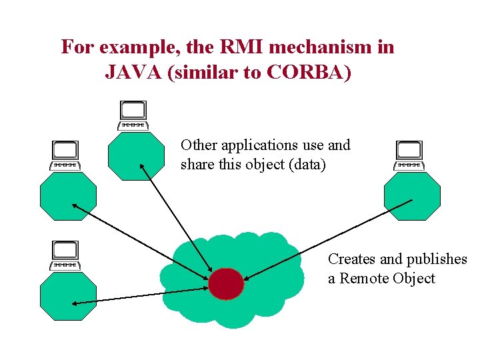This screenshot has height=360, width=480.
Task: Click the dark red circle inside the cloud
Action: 226,284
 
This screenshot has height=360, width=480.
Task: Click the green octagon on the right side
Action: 412,197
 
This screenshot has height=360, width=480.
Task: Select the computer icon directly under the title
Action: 133,115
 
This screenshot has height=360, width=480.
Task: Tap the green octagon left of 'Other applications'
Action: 136,156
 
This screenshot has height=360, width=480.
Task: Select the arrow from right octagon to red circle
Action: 327,239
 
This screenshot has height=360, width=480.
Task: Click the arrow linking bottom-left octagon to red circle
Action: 140,296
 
